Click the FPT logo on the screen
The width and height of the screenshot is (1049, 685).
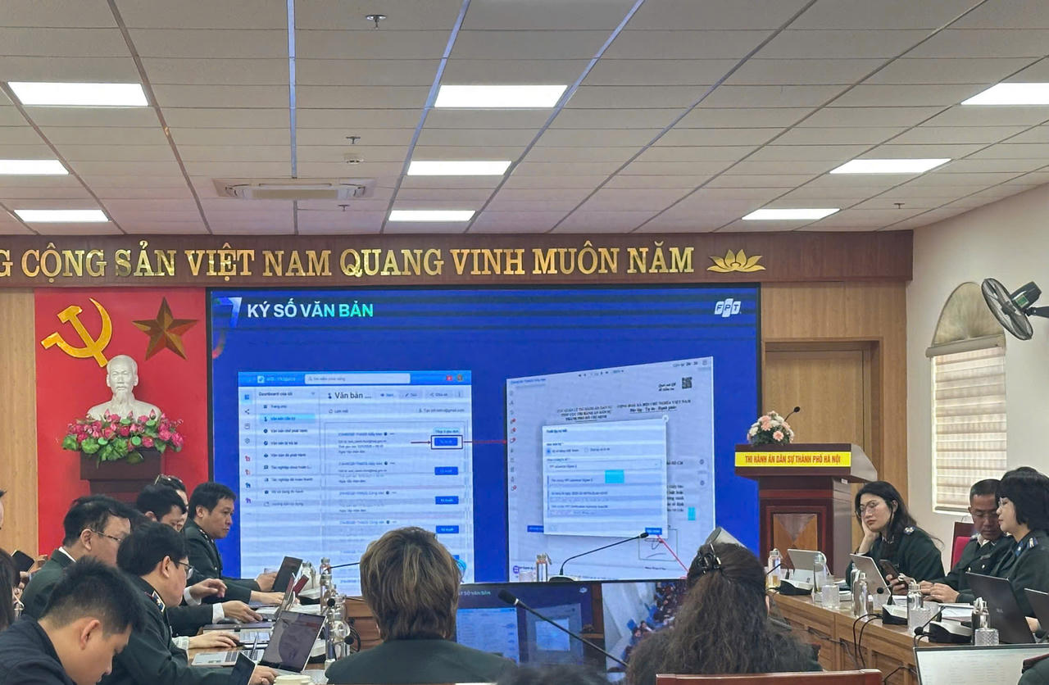tap(727, 307)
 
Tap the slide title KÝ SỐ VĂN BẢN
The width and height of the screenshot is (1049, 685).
tap(310, 310)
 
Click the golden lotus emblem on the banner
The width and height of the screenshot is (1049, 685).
tap(735, 262)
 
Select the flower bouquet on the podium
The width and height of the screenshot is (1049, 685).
tap(770, 429)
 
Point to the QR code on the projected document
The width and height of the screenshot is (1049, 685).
tap(686, 383)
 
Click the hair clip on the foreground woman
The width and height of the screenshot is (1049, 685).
tap(707, 560)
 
